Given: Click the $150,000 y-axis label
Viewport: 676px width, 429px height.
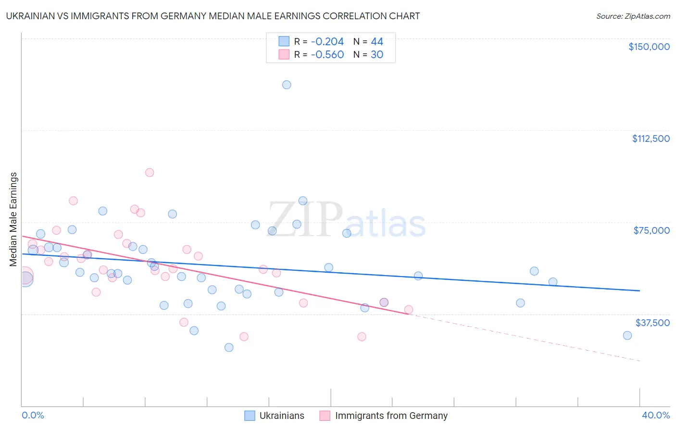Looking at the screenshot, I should [x=649, y=47].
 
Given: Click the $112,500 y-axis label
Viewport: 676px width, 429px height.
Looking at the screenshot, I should [x=651, y=139].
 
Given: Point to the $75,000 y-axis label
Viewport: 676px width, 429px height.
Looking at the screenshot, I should [x=651, y=230].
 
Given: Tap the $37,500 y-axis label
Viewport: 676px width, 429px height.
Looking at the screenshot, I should [x=652, y=323].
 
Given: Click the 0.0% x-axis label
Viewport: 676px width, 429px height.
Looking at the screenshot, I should [x=33, y=415].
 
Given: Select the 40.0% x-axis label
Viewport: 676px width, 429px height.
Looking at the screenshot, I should [x=655, y=415].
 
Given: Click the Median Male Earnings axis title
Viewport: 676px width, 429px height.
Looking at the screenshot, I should [x=13, y=219].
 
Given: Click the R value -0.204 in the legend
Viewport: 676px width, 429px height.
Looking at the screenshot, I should [x=327, y=41].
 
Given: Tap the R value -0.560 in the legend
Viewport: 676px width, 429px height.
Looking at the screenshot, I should [x=327, y=54].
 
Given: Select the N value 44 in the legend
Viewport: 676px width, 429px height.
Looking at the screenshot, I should [x=377, y=41].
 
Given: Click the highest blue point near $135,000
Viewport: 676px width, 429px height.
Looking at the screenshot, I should [x=287, y=85].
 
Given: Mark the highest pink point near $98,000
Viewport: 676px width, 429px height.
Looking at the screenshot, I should [x=150, y=173].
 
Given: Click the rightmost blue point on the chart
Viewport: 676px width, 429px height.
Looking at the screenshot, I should [x=627, y=336].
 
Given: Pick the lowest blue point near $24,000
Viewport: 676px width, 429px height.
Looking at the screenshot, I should [x=229, y=347].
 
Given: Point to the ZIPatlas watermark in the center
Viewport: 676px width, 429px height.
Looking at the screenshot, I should [x=347, y=219].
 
